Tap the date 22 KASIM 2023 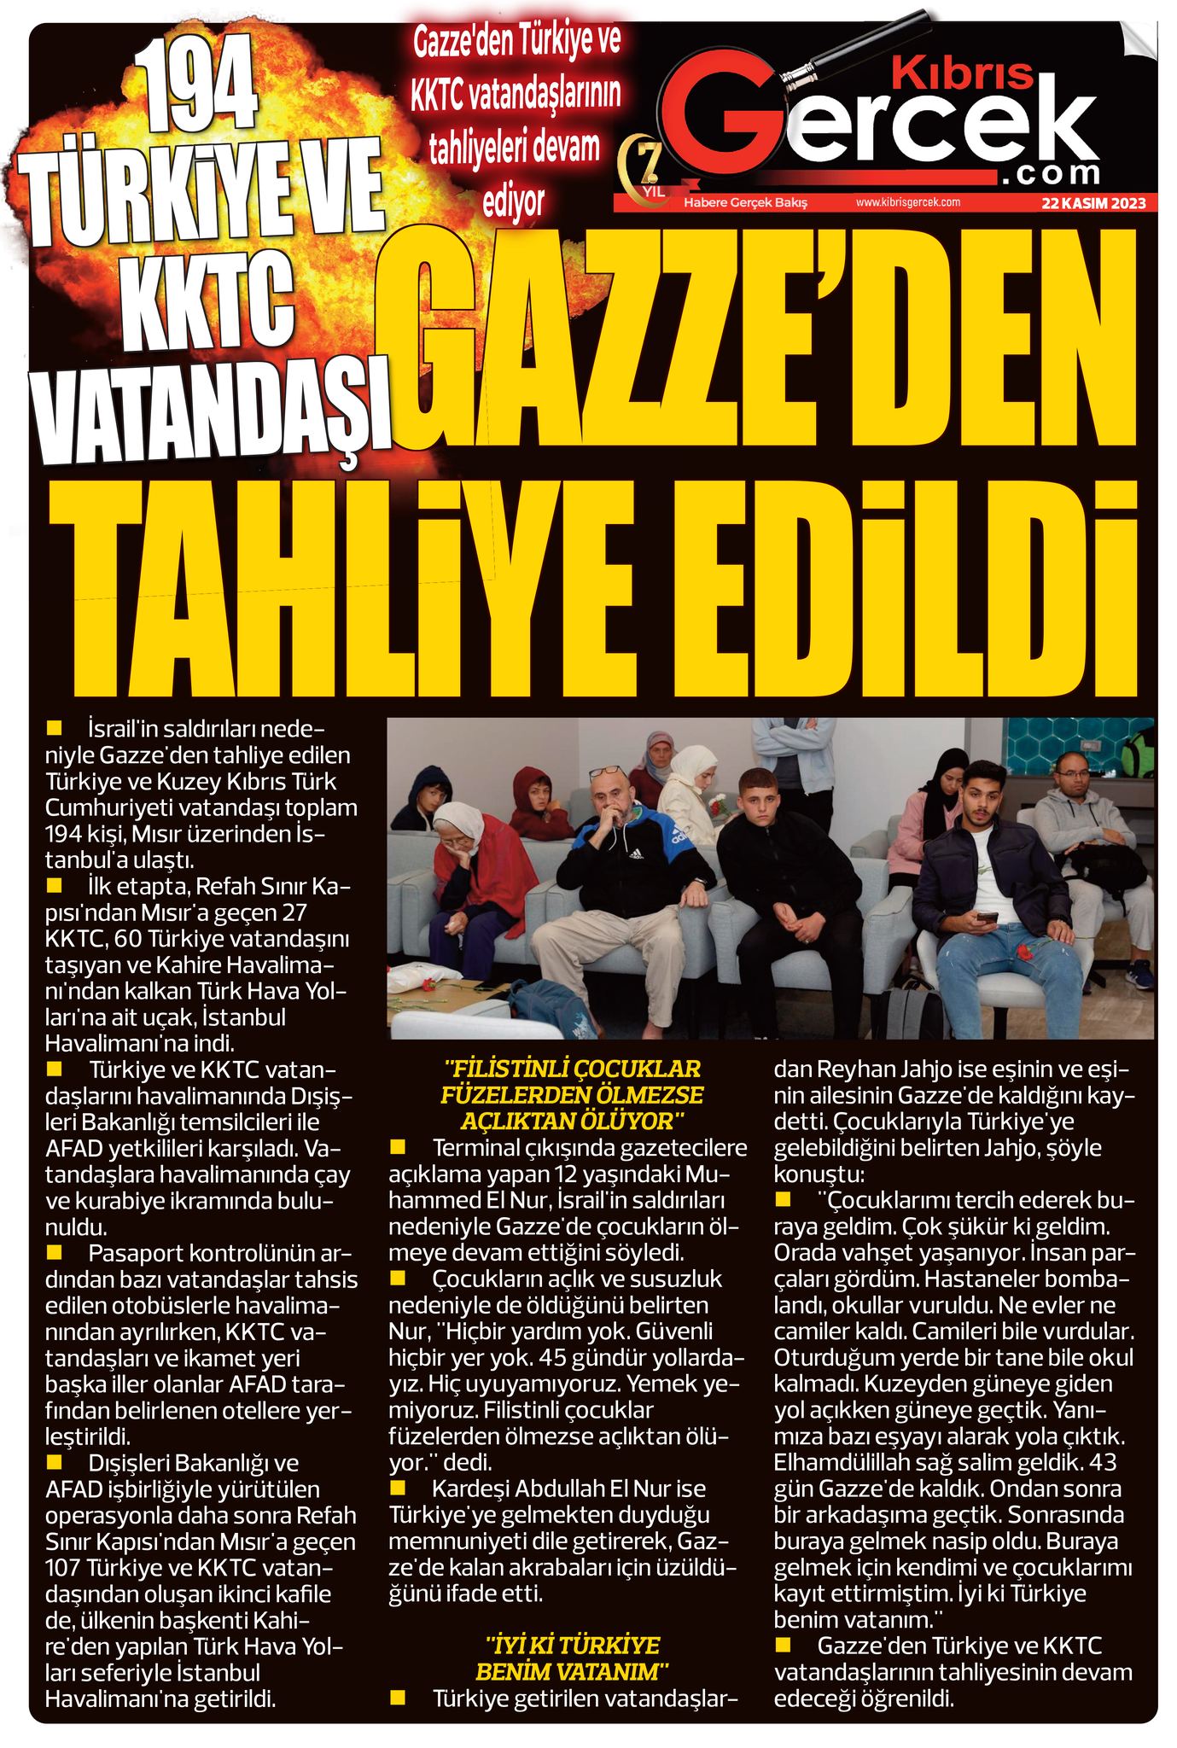(x=1093, y=203)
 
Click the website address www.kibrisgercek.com (x=908, y=202)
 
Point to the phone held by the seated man (x=986, y=919)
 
